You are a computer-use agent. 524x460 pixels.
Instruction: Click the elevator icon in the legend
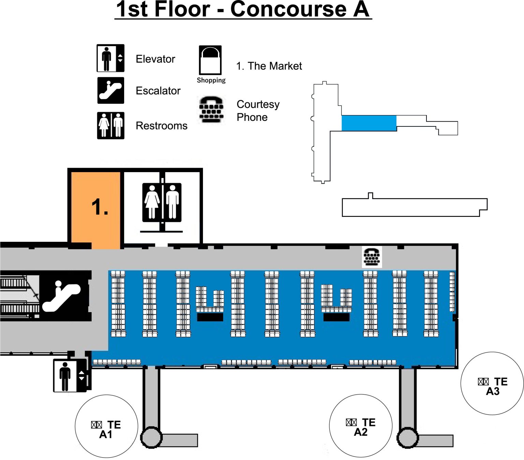[110, 58]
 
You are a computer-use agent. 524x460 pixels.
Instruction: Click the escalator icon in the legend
[111, 90]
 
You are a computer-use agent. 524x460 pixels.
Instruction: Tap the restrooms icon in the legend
[111, 125]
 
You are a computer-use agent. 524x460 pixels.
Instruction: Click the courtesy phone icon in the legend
[211, 110]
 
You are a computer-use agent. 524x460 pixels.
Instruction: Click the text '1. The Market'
[269, 66]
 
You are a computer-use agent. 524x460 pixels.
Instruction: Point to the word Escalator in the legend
[158, 91]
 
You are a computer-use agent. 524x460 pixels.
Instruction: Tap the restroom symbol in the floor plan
[162, 203]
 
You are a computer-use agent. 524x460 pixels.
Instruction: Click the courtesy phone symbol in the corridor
[372, 257]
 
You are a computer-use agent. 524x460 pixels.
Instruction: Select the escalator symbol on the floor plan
[64, 296]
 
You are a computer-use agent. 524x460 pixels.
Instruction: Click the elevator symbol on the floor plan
[70, 376]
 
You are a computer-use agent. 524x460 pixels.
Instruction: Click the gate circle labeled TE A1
[106, 426]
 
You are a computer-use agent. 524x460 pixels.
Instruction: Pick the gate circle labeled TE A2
[361, 426]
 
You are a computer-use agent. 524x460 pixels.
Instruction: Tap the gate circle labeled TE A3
[492, 384]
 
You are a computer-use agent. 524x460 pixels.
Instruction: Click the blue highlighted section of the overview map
[369, 123]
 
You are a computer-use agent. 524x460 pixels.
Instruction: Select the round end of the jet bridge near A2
[407, 437]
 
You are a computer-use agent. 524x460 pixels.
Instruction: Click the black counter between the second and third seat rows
[210, 317]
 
